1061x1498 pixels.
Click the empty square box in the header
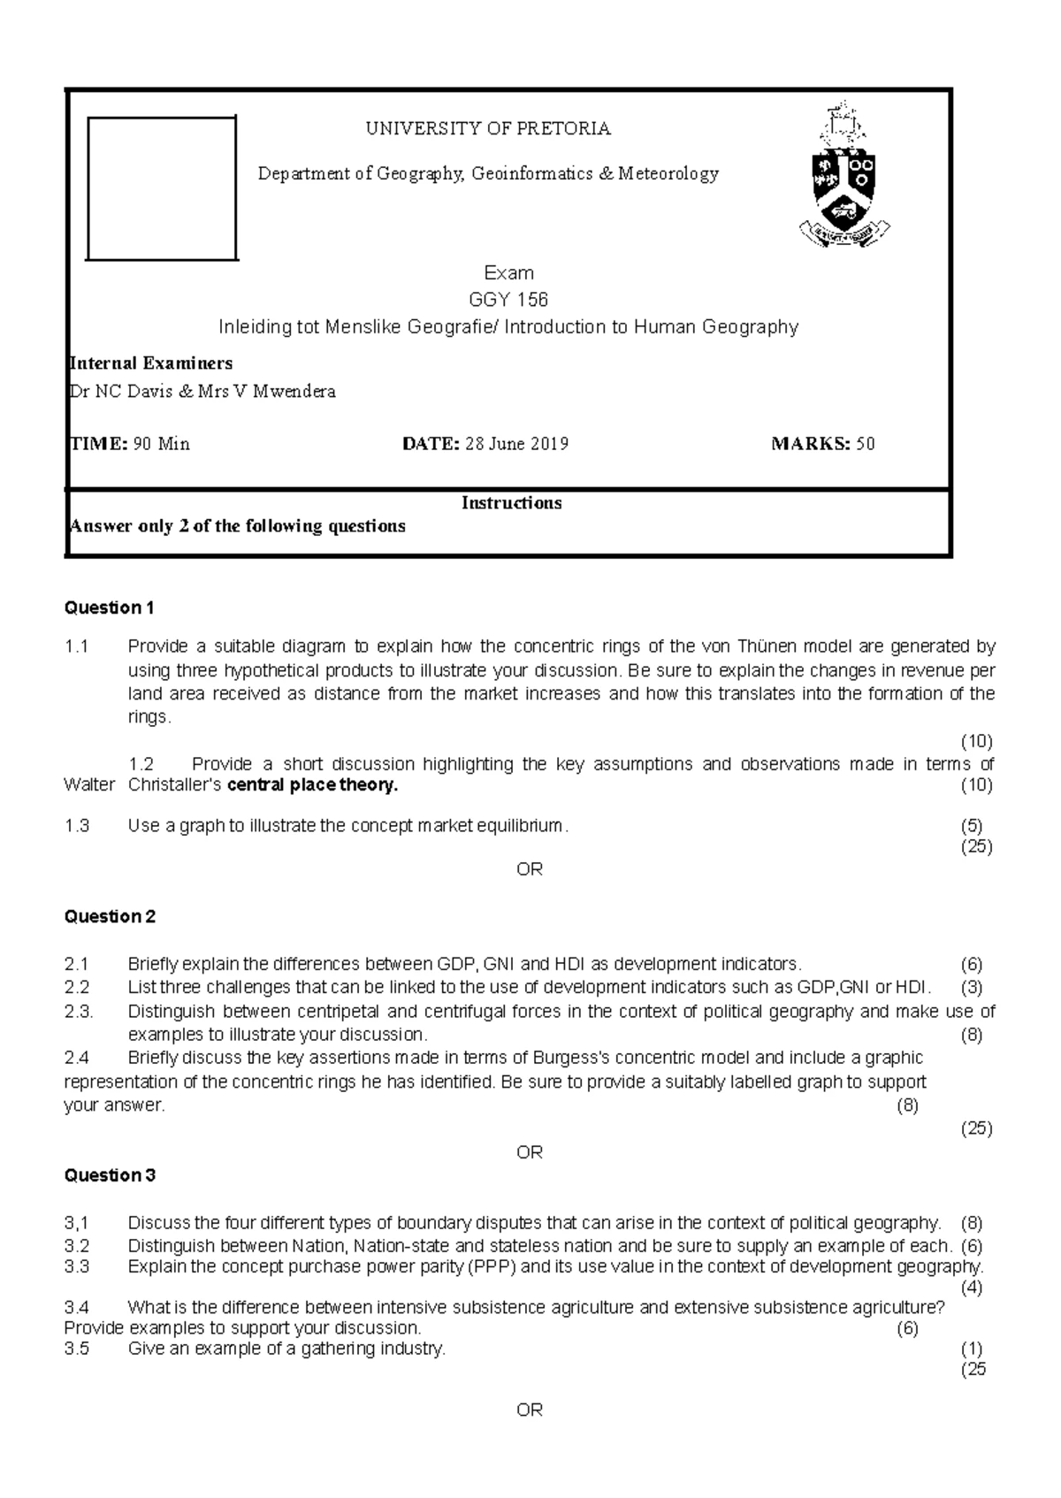pos(162,188)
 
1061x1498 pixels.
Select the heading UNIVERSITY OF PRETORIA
pos(488,129)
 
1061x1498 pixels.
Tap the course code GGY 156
pos(508,300)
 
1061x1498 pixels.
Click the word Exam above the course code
pos(508,273)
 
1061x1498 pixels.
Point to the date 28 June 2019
pos(516,444)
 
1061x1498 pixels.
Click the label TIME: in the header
pos(98,444)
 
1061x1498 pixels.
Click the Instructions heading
pos(511,503)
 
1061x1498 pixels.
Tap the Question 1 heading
pos(110,608)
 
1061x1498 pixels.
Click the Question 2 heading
pos(110,917)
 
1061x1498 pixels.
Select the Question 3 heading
pos(110,1175)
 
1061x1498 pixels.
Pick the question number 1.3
pos(77,826)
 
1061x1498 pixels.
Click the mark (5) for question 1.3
pos(971,826)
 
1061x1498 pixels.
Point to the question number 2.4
pos(77,1058)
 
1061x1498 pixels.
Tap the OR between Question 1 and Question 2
pos(530,869)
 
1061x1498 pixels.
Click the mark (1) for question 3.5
pos(971,1349)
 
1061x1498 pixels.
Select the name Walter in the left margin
pos(89,785)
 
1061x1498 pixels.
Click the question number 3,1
pos(77,1223)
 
